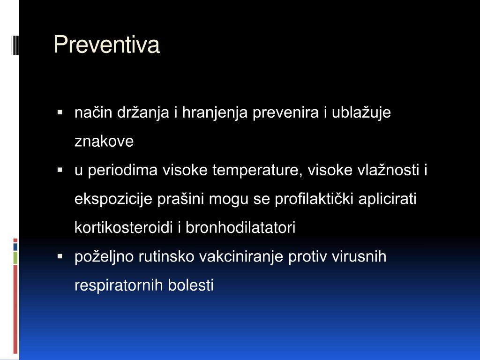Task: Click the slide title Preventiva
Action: [106, 45]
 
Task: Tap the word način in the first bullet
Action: [93, 112]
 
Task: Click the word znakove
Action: [104, 142]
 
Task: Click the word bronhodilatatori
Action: [240, 228]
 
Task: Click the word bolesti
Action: [190, 285]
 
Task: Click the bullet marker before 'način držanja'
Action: [60, 112]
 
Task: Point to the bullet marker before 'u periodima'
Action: [60, 170]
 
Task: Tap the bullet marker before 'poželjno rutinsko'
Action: [60, 256]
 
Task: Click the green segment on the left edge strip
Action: [15, 258]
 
